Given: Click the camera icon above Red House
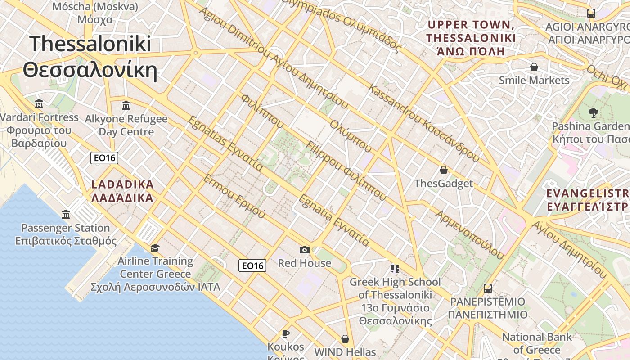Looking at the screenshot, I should (305, 250).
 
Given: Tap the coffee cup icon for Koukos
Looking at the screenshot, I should (285, 333).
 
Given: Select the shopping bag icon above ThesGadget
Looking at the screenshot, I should (444, 170).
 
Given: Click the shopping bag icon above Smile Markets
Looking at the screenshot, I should (534, 67).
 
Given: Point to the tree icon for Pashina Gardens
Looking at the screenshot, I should (593, 112).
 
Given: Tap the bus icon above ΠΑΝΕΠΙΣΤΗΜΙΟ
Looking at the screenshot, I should (488, 288).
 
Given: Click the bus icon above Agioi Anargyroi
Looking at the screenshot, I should (591, 13).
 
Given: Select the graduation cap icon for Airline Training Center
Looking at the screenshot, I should (155, 248).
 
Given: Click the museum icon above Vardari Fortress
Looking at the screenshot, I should (39, 104).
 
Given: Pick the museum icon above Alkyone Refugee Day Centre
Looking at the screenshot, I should (126, 105).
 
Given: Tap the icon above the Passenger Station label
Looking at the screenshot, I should (66, 214).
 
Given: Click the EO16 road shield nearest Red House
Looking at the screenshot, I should (252, 265).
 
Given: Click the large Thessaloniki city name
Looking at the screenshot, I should (90, 57).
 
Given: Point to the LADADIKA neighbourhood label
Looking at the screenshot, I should (122, 191).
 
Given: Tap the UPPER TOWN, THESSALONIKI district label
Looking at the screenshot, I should (471, 38).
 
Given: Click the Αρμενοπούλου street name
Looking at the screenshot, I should (469, 234).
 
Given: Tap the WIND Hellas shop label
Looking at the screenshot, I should (345, 351).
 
